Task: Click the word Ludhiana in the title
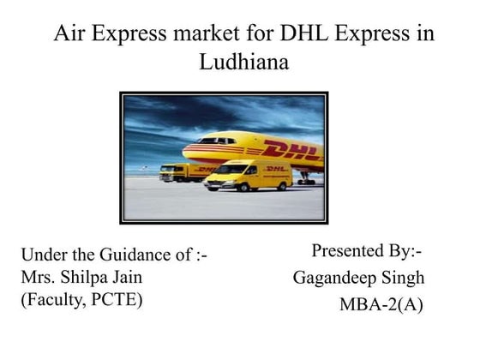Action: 243,63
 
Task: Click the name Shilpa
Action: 92,278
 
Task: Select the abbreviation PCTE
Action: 123,300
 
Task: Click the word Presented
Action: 351,251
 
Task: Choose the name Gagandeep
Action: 332,278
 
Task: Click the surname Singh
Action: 399,278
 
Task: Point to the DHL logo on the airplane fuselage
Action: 291,152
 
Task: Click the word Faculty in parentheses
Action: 53,300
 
